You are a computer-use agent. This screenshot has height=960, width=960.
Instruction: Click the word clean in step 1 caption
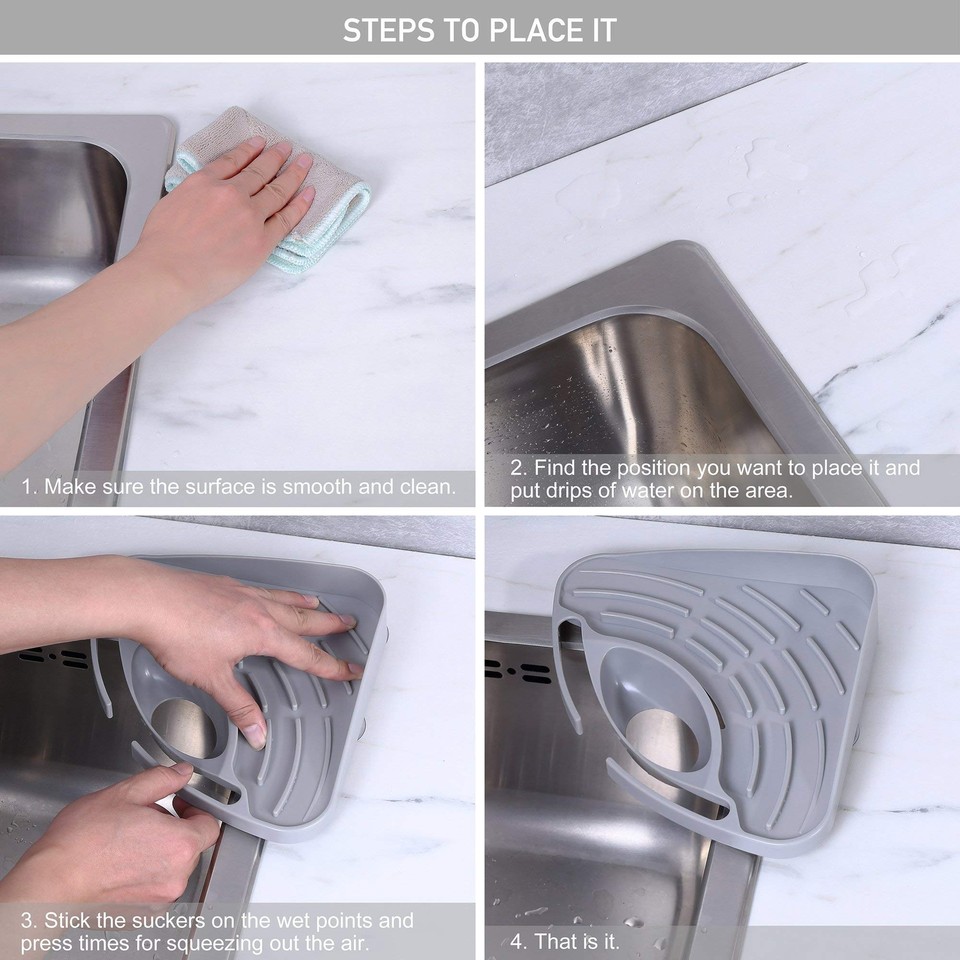click(425, 488)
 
